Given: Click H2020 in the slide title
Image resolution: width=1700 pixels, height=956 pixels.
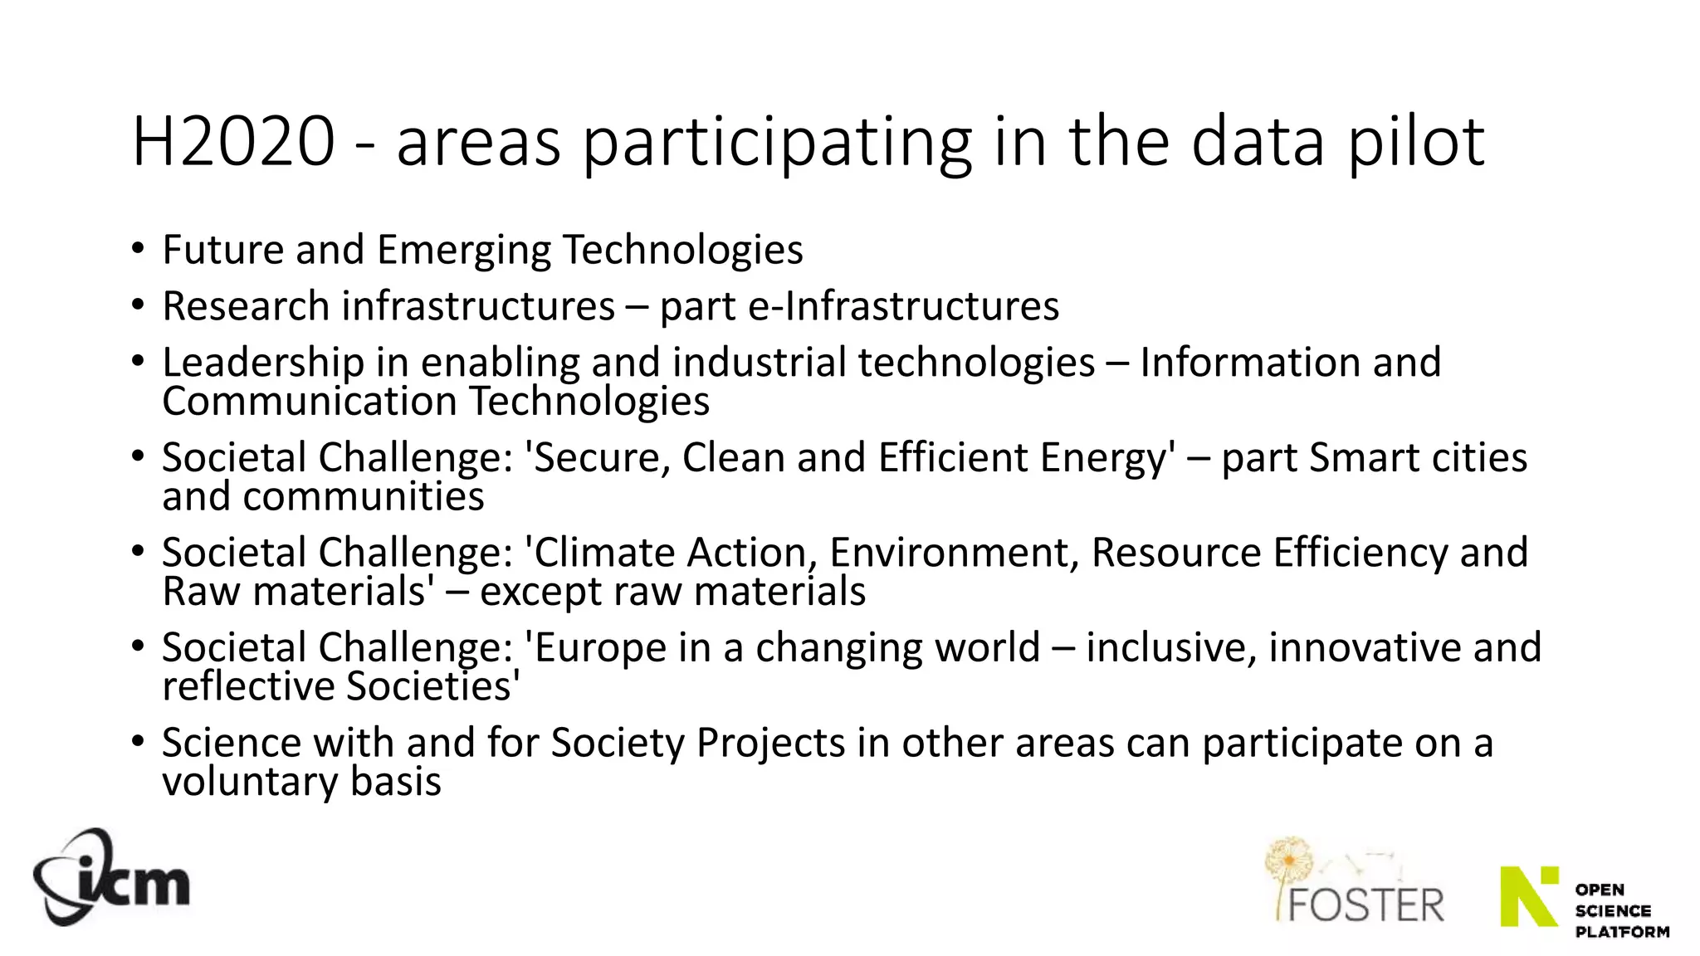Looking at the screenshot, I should coord(233,142).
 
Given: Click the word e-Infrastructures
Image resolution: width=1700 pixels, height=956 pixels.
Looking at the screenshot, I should coord(903,306).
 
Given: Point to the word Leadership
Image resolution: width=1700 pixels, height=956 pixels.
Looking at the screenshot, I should coord(263,363).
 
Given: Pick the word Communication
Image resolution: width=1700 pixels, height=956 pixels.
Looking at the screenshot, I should coord(310,402).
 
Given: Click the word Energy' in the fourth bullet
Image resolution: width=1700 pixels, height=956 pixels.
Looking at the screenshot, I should coord(1107,458).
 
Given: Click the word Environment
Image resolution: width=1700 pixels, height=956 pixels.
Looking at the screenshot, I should coord(953,553).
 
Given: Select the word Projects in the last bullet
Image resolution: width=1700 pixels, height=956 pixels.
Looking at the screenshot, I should coord(770,743).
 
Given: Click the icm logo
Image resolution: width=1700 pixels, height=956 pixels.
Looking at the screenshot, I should coord(111,877).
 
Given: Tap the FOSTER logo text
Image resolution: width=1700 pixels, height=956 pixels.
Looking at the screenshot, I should coord(1365,905).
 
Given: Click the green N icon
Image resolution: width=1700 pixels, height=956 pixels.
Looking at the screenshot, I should coord(1529,896).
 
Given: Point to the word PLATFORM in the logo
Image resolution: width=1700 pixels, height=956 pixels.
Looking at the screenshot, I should coord(1622,932).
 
